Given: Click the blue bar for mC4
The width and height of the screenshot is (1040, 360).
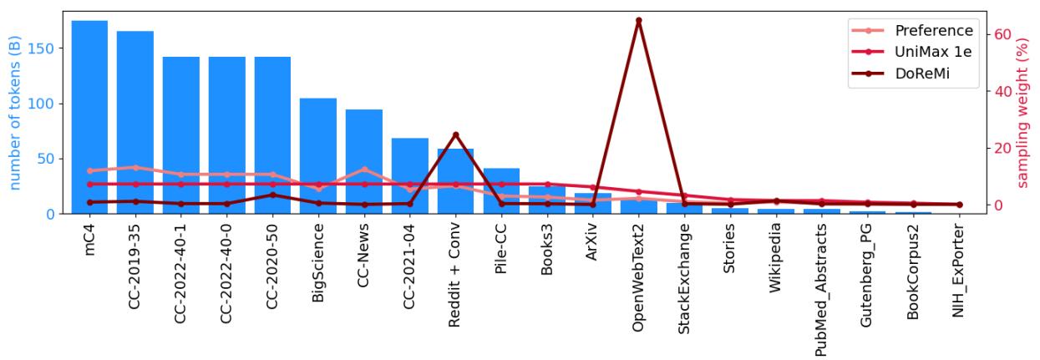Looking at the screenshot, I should [89, 117].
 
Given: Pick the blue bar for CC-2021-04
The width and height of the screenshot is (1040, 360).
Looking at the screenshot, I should [409, 175].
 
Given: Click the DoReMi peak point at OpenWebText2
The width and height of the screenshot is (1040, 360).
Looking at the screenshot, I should [639, 20].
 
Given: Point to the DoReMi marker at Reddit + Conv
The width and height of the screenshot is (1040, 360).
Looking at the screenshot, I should [455, 134].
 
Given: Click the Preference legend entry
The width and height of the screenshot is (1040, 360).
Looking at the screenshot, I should [934, 31].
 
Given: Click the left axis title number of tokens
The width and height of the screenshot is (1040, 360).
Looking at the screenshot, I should [14, 113].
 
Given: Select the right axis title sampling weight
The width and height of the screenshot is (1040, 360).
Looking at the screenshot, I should [1024, 113].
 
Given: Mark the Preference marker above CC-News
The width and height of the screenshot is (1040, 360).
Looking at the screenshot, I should [363, 170].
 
